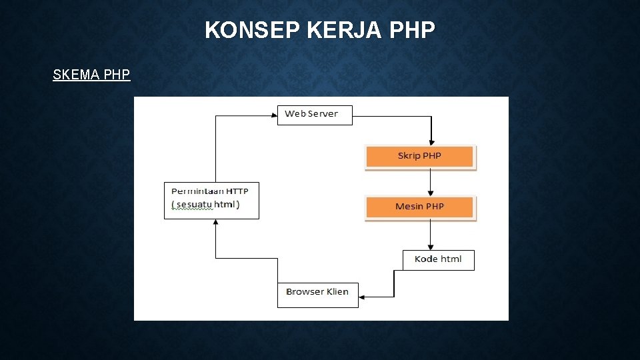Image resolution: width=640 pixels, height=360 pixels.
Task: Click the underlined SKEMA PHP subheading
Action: pyautogui.click(x=91, y=75)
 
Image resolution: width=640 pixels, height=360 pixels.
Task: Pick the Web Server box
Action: pyautogui.click(x=315, y=115)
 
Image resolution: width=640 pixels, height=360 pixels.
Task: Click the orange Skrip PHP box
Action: pyautogui.click(x=419, y=157)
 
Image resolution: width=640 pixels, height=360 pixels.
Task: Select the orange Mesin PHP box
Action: pyautogui.click(x=419, y=207)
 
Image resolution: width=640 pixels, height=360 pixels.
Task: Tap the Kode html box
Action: pyautogui.click(x=438, y=259)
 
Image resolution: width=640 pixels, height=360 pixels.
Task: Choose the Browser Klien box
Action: pyautogui.click(x=317, y=293)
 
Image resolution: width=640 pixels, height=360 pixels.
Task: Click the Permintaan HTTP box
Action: pyautogui.click(x=211, y=199)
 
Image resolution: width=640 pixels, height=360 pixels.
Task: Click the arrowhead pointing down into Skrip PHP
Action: pyautogui.click(x=431, y=142)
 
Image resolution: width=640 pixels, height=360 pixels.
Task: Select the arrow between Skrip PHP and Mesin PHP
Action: pyautogui.click(x=431, y=181)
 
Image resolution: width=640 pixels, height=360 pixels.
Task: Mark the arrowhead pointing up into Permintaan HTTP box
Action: pyautogui.click(x=215, y=224)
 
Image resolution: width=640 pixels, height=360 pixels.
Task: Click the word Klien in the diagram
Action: pyautogui.click(x=336, y=292)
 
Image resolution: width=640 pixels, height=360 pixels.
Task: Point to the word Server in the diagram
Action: pyautogui.click(x=323, y=114)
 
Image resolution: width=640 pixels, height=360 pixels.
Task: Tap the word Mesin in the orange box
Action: pyautogui.click(x=409, y=207)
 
